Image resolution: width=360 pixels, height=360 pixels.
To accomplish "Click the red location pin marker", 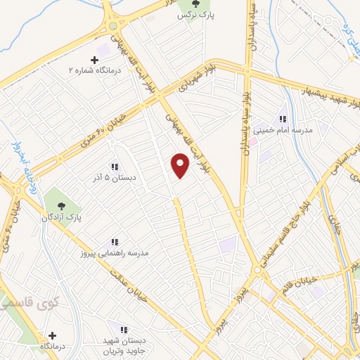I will point(181,165).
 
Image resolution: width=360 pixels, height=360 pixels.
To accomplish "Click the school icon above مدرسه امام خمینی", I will point(283,119).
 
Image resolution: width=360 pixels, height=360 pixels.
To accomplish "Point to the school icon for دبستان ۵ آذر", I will point(114,167).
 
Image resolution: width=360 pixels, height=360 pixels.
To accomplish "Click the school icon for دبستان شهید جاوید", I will point(124,329).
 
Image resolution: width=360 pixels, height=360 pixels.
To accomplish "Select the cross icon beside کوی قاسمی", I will point(51,335).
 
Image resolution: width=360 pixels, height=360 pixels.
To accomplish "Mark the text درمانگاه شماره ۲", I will point(98,71).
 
